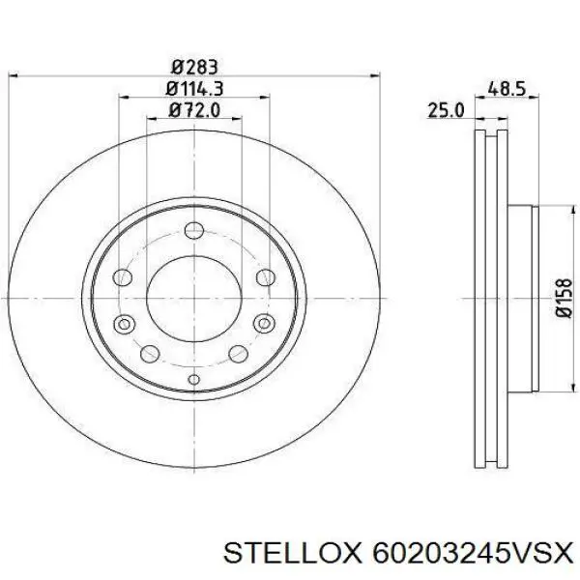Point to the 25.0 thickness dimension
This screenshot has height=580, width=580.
click(x=446, y=112)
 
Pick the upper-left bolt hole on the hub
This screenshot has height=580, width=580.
click(x=123, y=277)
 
